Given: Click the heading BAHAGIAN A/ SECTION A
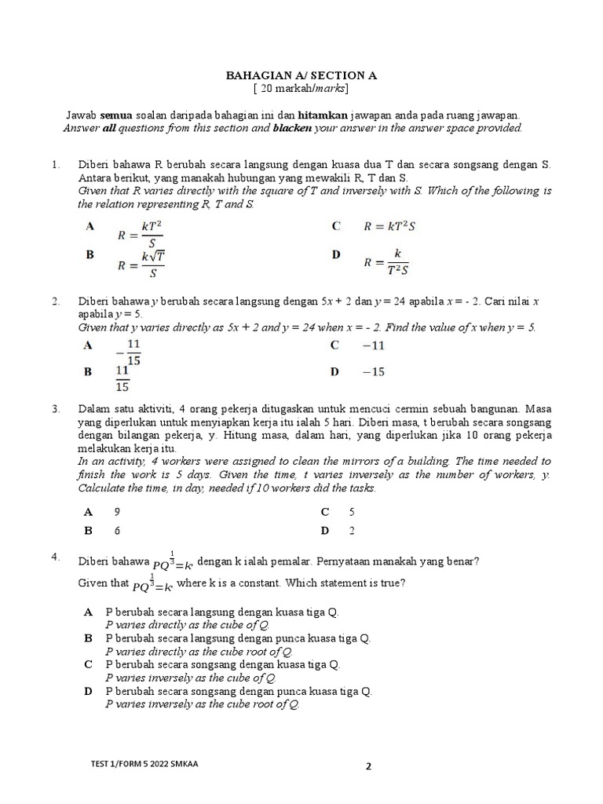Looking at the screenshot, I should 301,75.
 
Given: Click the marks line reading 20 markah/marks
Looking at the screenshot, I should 301,89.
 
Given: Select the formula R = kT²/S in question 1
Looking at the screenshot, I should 140,234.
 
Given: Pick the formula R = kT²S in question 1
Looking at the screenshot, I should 388,226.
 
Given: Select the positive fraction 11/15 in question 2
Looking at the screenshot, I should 123,378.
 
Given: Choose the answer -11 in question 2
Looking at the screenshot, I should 372,345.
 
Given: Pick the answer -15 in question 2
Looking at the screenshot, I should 372,371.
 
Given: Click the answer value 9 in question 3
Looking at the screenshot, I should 117,511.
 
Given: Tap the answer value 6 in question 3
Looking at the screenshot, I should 117,531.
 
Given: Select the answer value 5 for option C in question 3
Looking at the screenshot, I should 353,511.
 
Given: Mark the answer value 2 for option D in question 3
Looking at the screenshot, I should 353,531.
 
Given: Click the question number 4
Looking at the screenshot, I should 56,557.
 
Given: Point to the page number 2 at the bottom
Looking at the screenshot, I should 367,767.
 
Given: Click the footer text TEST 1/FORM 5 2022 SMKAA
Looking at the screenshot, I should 144,765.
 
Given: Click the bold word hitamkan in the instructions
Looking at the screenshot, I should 318,115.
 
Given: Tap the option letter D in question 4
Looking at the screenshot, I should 89,691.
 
